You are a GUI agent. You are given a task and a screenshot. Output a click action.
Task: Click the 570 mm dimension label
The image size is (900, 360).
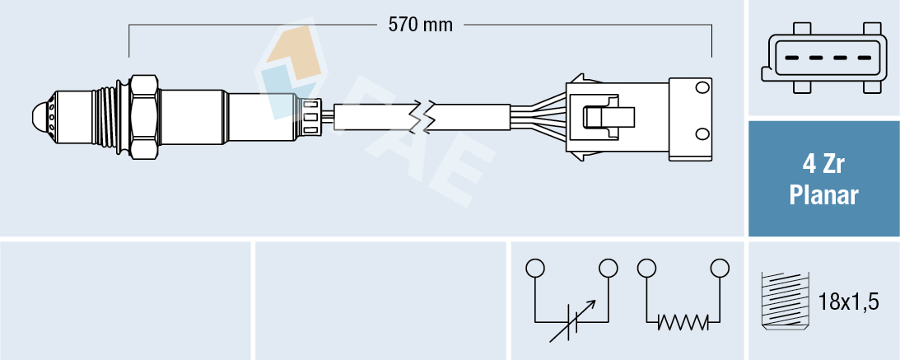click(420, 25)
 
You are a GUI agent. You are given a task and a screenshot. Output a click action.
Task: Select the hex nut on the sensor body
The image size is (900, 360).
click(143, 117)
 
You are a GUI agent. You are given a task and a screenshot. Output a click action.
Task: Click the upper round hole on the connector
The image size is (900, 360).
click(702, 87)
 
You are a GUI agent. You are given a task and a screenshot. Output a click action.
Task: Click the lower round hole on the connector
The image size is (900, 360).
click(702, 133)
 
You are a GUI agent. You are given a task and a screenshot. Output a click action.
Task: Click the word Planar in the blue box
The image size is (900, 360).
click(823, 196)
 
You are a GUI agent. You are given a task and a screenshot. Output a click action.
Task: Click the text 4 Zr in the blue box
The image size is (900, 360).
click(823, 165)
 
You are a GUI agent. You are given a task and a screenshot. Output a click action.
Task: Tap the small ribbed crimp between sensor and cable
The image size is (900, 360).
click(311, 116)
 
